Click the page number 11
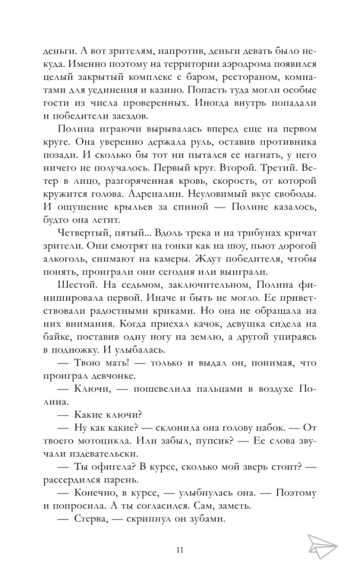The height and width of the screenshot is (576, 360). (180, 550)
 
